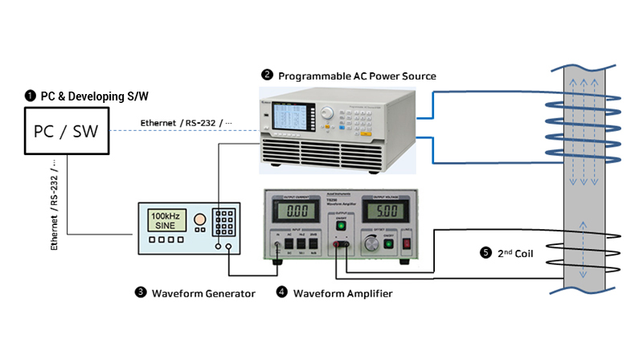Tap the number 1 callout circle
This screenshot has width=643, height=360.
31,96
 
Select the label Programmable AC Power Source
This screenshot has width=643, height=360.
357,76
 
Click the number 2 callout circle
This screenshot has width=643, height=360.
267,76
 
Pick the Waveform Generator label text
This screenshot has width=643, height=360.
203,293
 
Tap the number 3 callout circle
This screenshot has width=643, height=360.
141,293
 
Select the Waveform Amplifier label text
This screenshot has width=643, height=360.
342,293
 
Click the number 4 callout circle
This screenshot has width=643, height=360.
281,293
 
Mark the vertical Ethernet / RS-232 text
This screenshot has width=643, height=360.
54,202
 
